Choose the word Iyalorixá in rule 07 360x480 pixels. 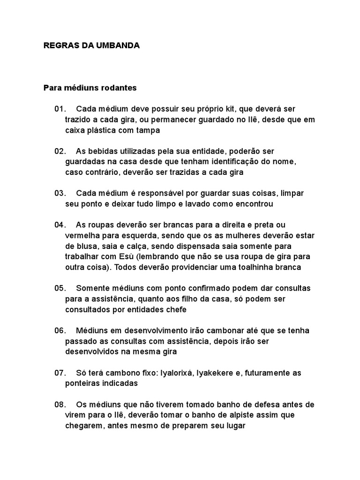coord(178,373)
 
